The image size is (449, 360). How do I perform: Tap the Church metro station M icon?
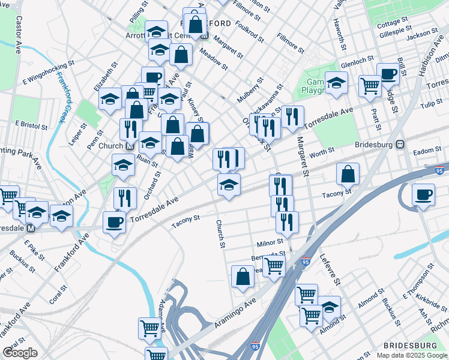[x=130, y=146]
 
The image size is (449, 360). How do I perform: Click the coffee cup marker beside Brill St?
[x=388, y=74]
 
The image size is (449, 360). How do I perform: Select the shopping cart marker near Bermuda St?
[x=274, y=265]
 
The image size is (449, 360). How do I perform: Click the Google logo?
[x=20, y=353]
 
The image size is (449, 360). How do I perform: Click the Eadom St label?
[x=427, y=151]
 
